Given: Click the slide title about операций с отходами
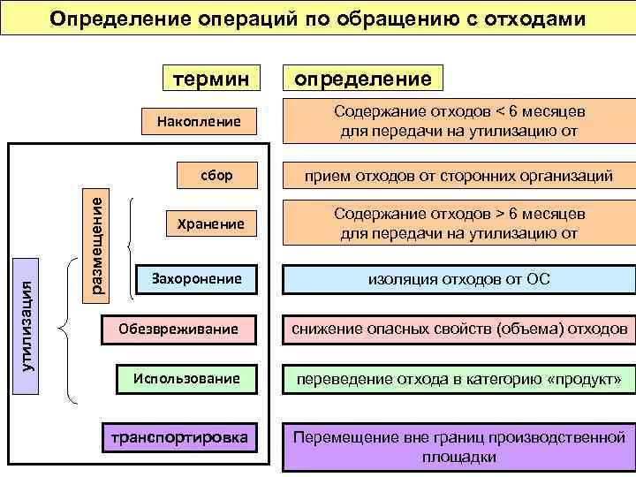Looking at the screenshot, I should (318, 18).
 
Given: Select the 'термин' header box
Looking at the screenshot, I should (210, 79).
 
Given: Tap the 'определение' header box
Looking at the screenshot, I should (363, 79).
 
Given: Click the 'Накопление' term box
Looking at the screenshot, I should (198, 121).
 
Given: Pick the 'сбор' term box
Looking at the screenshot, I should (216, 175).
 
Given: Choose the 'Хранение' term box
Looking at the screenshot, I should (209, 224).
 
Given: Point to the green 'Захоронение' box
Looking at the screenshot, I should (196, 278).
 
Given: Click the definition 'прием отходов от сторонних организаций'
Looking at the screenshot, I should (458, 176).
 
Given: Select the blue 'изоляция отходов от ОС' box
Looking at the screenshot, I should (458, 279).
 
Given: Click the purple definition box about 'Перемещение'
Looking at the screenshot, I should (458, 446).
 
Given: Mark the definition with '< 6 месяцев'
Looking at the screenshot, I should (458, 122).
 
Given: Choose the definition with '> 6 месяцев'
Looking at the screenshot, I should (458, 224).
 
